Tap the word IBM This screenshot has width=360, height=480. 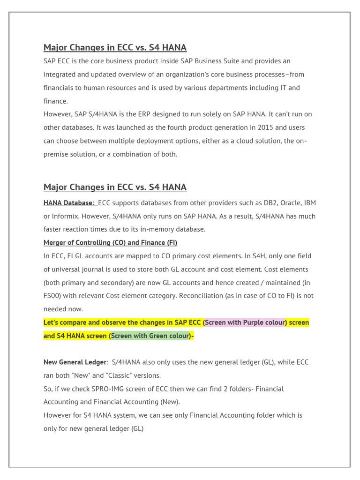point(310,202)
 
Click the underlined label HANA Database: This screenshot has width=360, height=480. point(69,202)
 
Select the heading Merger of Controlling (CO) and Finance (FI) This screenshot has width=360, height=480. point(110,243)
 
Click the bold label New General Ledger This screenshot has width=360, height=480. point(75,362)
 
